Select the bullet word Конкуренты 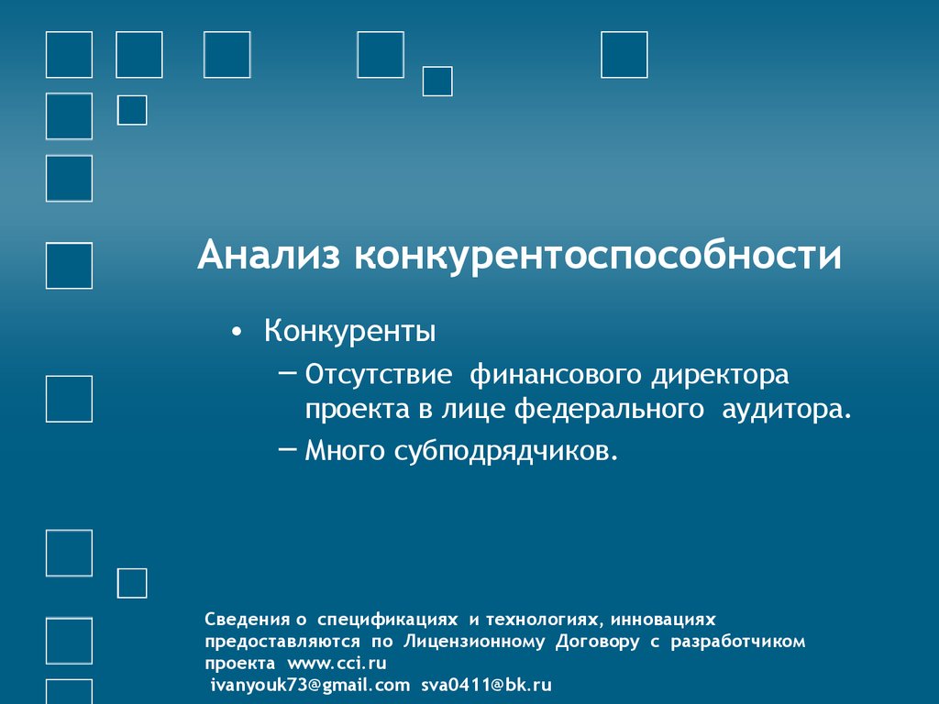pos(349,331)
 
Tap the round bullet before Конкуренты pos(238,333)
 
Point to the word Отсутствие pos(379,375)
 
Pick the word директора pos(721,375)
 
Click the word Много pos(346,450)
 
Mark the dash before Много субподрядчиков pos(285,448)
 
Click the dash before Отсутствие pos(285,373)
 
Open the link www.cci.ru pos(337,663)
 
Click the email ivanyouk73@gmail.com pos(310,685)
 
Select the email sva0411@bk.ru pos(487,685)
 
